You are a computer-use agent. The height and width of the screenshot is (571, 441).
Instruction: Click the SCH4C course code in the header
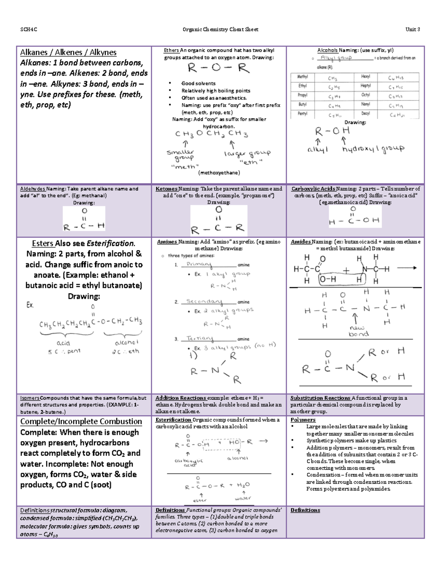click(29, 29)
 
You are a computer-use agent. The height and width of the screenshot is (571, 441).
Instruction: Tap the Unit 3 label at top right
click(413, 29)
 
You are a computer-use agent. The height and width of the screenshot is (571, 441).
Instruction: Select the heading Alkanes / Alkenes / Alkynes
click(68, 52)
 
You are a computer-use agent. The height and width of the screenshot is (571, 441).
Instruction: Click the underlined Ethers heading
click(171, 50)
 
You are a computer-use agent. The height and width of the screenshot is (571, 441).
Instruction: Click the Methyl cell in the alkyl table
click(302, 77)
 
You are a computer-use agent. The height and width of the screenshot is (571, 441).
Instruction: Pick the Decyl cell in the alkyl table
click(365, 114)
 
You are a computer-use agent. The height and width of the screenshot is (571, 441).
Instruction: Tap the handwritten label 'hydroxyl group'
click(373, 149)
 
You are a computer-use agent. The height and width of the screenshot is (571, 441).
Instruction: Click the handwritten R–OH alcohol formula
click(332, 131)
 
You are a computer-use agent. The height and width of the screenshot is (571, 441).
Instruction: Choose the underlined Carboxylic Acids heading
click(313, 189)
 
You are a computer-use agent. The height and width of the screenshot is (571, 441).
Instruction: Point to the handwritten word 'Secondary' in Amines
click(204, 301)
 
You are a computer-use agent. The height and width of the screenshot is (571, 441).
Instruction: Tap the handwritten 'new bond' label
click(358, 331)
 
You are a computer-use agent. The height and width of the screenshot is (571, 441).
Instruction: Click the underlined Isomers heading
click(30, 398)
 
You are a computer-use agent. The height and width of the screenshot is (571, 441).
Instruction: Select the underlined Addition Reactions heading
click(180, 398)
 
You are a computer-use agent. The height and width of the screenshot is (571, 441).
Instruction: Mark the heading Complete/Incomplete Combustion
click(81, 421)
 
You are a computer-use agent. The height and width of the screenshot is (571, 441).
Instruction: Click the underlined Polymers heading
click(303, 420)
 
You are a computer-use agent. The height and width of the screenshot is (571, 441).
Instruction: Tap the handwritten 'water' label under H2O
click(243, 498)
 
